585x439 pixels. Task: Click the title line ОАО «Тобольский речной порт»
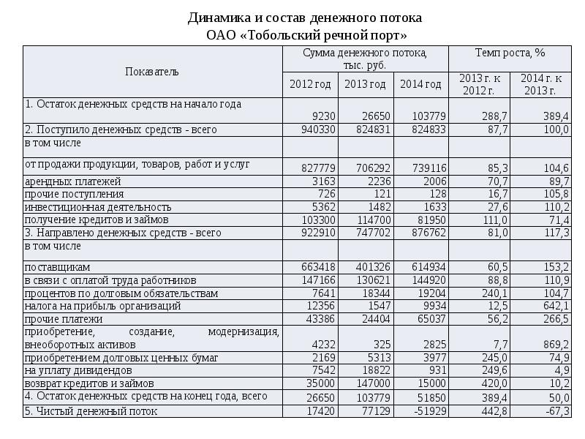pos(305,35)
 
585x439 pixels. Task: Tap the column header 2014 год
pos(420,84)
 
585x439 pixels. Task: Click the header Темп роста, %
pos(510,53)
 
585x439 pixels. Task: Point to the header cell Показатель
pos(152,72)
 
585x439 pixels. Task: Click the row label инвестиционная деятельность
pos(98,207)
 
